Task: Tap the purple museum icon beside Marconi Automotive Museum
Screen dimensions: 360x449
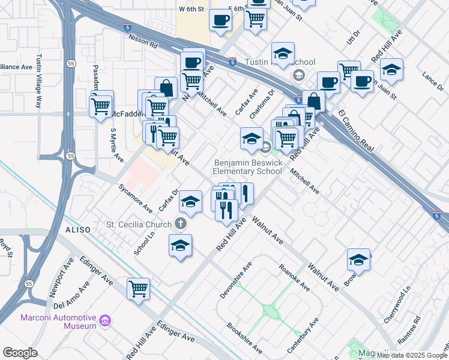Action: (106, 321)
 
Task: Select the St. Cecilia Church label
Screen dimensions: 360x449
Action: (139, 224)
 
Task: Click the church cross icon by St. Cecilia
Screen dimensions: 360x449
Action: (181, 224)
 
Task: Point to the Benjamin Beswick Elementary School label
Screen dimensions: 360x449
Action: (247, 167)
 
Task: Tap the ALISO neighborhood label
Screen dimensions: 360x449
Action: (78, 230)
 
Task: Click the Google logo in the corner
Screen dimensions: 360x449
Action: (20, 353)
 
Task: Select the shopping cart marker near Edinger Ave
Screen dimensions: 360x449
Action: (139, 289)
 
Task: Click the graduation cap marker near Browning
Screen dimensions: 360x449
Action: (358, 260)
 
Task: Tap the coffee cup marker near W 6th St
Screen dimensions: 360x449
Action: (220, 19)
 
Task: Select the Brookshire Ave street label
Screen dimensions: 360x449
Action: (244, 338)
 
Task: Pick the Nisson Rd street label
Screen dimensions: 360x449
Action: (142, 41)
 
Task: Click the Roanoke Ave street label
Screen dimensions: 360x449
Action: (295, 277)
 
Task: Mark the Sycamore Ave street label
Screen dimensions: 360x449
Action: (136, 198)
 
